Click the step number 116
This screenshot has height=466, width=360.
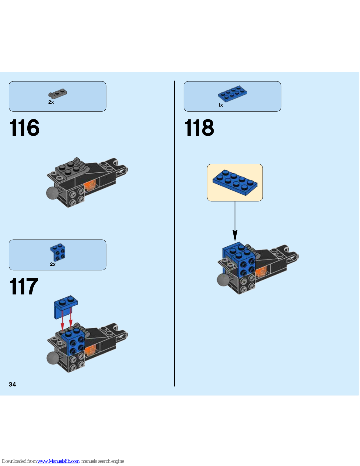coord(24,128)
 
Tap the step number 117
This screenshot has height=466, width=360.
coord(24,287)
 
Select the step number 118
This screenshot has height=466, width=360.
coord(199,128)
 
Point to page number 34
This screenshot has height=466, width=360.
coord(13,384)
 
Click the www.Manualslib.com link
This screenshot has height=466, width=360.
coord(58,461)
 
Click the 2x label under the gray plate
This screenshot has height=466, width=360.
coord(51,102)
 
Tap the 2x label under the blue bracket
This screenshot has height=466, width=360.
coord(53,264)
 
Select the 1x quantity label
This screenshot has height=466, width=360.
coord(220,105)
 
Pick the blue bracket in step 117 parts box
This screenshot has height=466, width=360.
coord(58,252)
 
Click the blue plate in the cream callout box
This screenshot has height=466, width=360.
coord(235,182)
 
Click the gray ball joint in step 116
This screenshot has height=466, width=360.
coord(52,193)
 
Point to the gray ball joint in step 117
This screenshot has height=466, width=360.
coord(53,358)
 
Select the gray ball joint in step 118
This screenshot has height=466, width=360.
coord(223,280)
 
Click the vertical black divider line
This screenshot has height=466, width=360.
coord(175,233)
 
